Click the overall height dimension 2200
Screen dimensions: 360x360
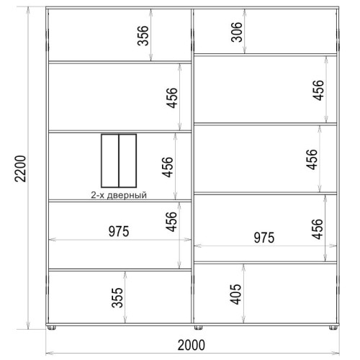[x=20, y=168]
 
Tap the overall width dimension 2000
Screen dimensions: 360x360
[x=192, y=345]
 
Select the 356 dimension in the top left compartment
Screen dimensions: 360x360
[x=143, y=35]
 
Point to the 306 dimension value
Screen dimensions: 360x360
[x=237, y=32]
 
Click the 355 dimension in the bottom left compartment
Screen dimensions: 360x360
[x=117, y=297]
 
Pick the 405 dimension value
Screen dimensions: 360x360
[x=235, y=294]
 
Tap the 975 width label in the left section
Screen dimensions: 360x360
[x=119, y=231]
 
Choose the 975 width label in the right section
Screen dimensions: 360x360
[x=264, y=238]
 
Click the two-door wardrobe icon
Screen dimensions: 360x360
[x=119, y=161]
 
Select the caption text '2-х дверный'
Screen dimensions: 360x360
[x=119, y=195]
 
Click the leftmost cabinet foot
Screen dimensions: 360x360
[x=52, y=328]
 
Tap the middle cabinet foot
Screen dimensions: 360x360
[x=198, y=328]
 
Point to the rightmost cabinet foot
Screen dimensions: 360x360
[x=333, y=328]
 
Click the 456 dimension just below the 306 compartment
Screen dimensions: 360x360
[x=318, y=90]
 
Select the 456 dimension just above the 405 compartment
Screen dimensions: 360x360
[x=318, y=229]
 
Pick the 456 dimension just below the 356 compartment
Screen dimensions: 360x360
[x=172, y=98]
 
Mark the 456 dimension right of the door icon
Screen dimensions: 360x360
[x=167, y=167]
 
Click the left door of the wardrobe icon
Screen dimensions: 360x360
[x=110, y=161]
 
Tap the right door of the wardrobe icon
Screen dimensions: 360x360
[x=127, y=161]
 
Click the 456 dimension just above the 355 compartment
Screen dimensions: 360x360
[x=171, y=222]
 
